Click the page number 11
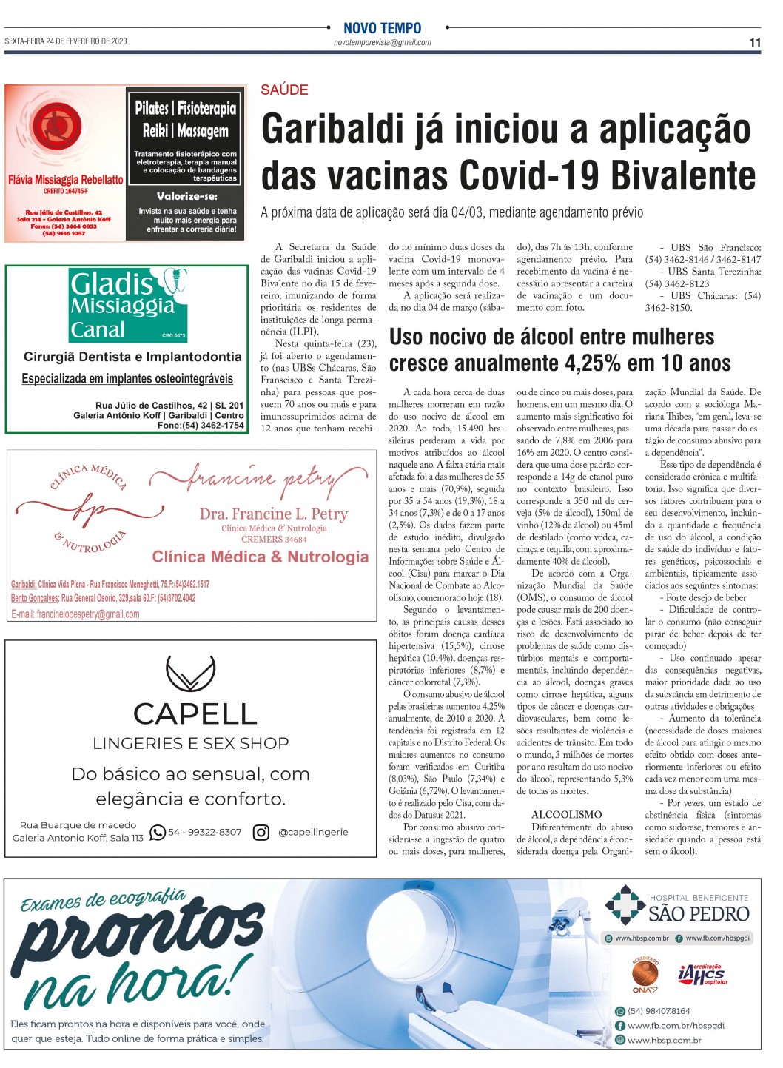point(754,43)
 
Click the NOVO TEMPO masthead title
point(382,28)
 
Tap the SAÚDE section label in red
point(284,90)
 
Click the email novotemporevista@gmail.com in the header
point(382,43)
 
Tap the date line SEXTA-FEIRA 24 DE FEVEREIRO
point(66,41)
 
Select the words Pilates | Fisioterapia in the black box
point(185,109)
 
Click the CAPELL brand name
point(195,713)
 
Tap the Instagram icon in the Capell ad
point(261,833)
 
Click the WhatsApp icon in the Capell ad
point(158,833)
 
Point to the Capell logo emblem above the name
point(191,673)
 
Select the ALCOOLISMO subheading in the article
point(566,814)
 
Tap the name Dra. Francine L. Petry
point(273,514)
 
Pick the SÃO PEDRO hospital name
point(699,914)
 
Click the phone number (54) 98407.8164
point(658,1011)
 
